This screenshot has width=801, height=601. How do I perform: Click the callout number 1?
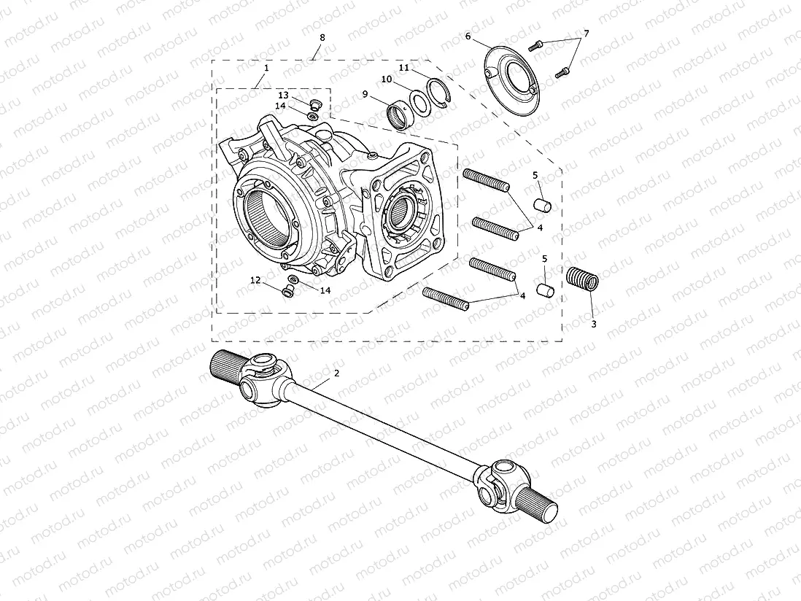[266, 67]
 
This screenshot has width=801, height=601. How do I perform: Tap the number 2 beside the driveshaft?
[336, 373]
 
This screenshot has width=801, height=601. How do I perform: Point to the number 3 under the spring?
[593, 324]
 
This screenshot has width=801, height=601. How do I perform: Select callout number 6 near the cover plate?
[468, 36]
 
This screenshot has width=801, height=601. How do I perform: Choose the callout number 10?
[386, 79]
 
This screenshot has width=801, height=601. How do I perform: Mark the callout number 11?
[403, 67]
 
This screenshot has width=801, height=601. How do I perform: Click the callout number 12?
[255, 279]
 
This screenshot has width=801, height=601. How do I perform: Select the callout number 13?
[283, 96]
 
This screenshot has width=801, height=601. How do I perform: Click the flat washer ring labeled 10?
[419, 103]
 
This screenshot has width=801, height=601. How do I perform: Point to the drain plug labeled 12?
[287, 291]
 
